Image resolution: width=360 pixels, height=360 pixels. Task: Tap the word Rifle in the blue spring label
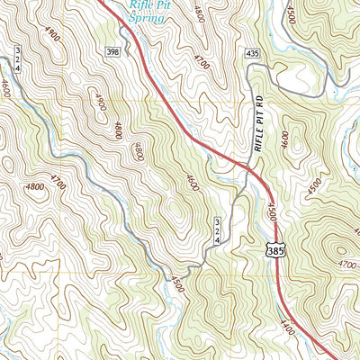139,4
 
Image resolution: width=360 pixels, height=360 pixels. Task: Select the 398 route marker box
112,53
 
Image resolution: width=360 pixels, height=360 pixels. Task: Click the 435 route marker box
252,55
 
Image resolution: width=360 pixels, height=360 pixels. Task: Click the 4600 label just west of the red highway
191,181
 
